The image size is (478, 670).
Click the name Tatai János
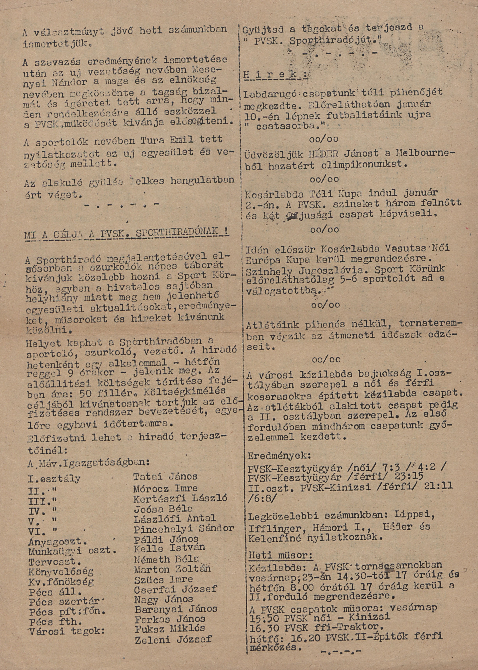coord(165,476)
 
